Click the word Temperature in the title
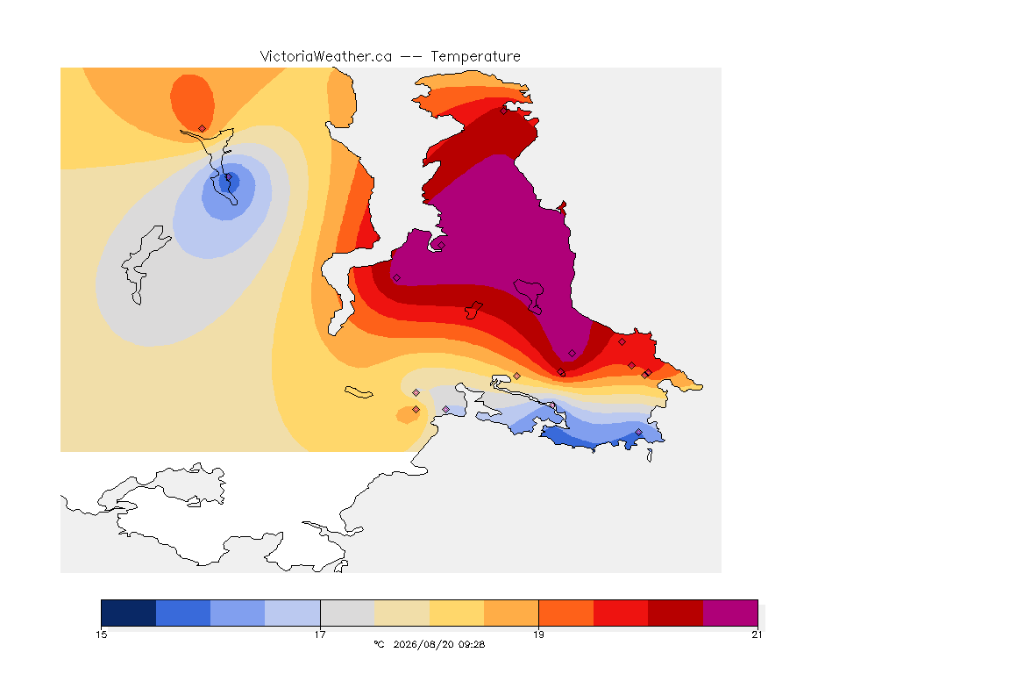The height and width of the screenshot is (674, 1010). point(475,57)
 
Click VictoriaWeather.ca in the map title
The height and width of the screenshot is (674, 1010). point(326,57)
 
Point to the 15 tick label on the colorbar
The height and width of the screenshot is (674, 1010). point(101,635)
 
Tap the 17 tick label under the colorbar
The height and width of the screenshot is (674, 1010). point(320,635)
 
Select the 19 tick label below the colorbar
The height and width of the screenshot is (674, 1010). point(538,635)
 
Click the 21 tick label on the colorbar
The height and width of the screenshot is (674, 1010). point(757,635)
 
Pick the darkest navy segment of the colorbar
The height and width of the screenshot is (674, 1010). point(129,613)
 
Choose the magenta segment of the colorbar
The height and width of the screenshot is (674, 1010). point(729,613)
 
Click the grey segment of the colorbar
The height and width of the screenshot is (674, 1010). point(347,613)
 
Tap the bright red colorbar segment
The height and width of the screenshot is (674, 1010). point(621,613)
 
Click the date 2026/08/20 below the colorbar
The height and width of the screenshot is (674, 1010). point(419,644)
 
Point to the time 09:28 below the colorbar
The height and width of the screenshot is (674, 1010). point(473,644)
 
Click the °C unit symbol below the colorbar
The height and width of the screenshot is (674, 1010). point(379,644)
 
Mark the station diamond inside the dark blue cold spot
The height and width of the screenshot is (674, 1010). point(227,177)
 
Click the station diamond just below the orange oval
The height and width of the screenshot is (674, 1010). point(203,129)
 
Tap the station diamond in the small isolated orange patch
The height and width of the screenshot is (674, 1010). point(416,410)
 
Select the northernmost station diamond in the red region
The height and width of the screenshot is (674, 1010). point(504,111)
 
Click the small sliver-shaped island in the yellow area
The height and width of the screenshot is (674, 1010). point(359,392)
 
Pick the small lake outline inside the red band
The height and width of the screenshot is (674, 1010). point(473,310)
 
